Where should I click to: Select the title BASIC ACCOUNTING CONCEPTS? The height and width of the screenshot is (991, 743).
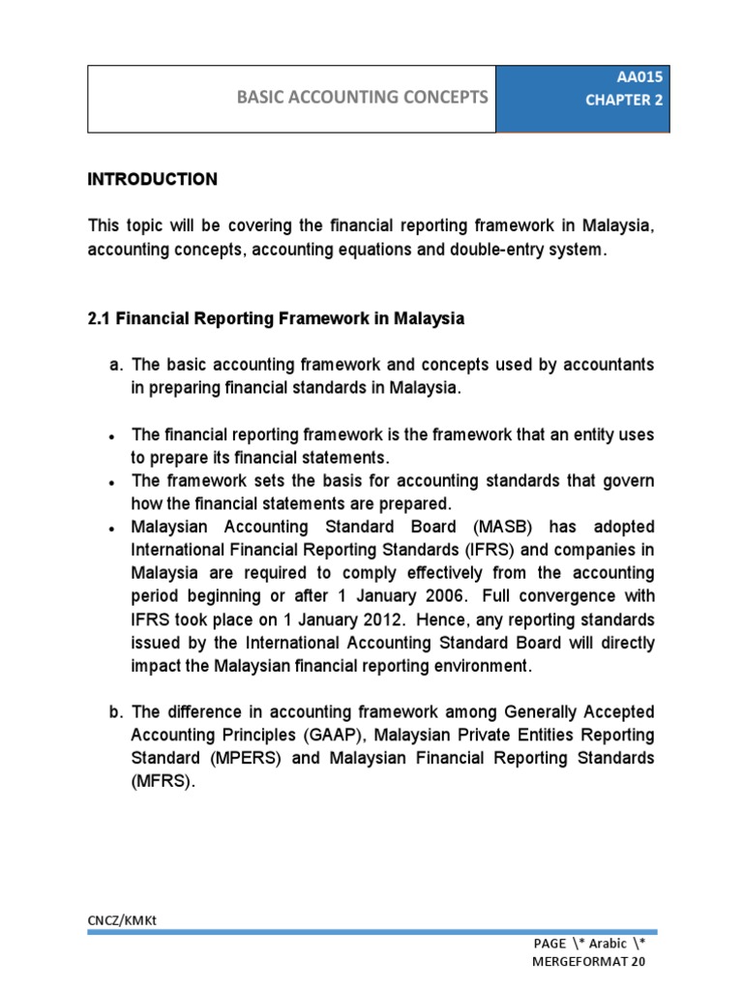click(363, 97)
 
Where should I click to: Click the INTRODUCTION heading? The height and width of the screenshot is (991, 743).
click(153, 180)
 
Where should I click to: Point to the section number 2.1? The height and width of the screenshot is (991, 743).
click(99, 318)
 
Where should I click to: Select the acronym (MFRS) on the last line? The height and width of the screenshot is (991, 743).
click(163, 783)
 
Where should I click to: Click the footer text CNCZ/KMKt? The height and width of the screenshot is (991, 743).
click(122, 920)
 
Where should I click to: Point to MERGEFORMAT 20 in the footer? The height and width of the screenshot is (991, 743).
click(588, 962)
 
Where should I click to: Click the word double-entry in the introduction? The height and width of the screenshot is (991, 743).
click(508, 250)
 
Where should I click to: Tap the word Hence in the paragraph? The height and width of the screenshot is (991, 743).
click(422, 620)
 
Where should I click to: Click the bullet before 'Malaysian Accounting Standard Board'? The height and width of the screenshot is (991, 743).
click(114, 528)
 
